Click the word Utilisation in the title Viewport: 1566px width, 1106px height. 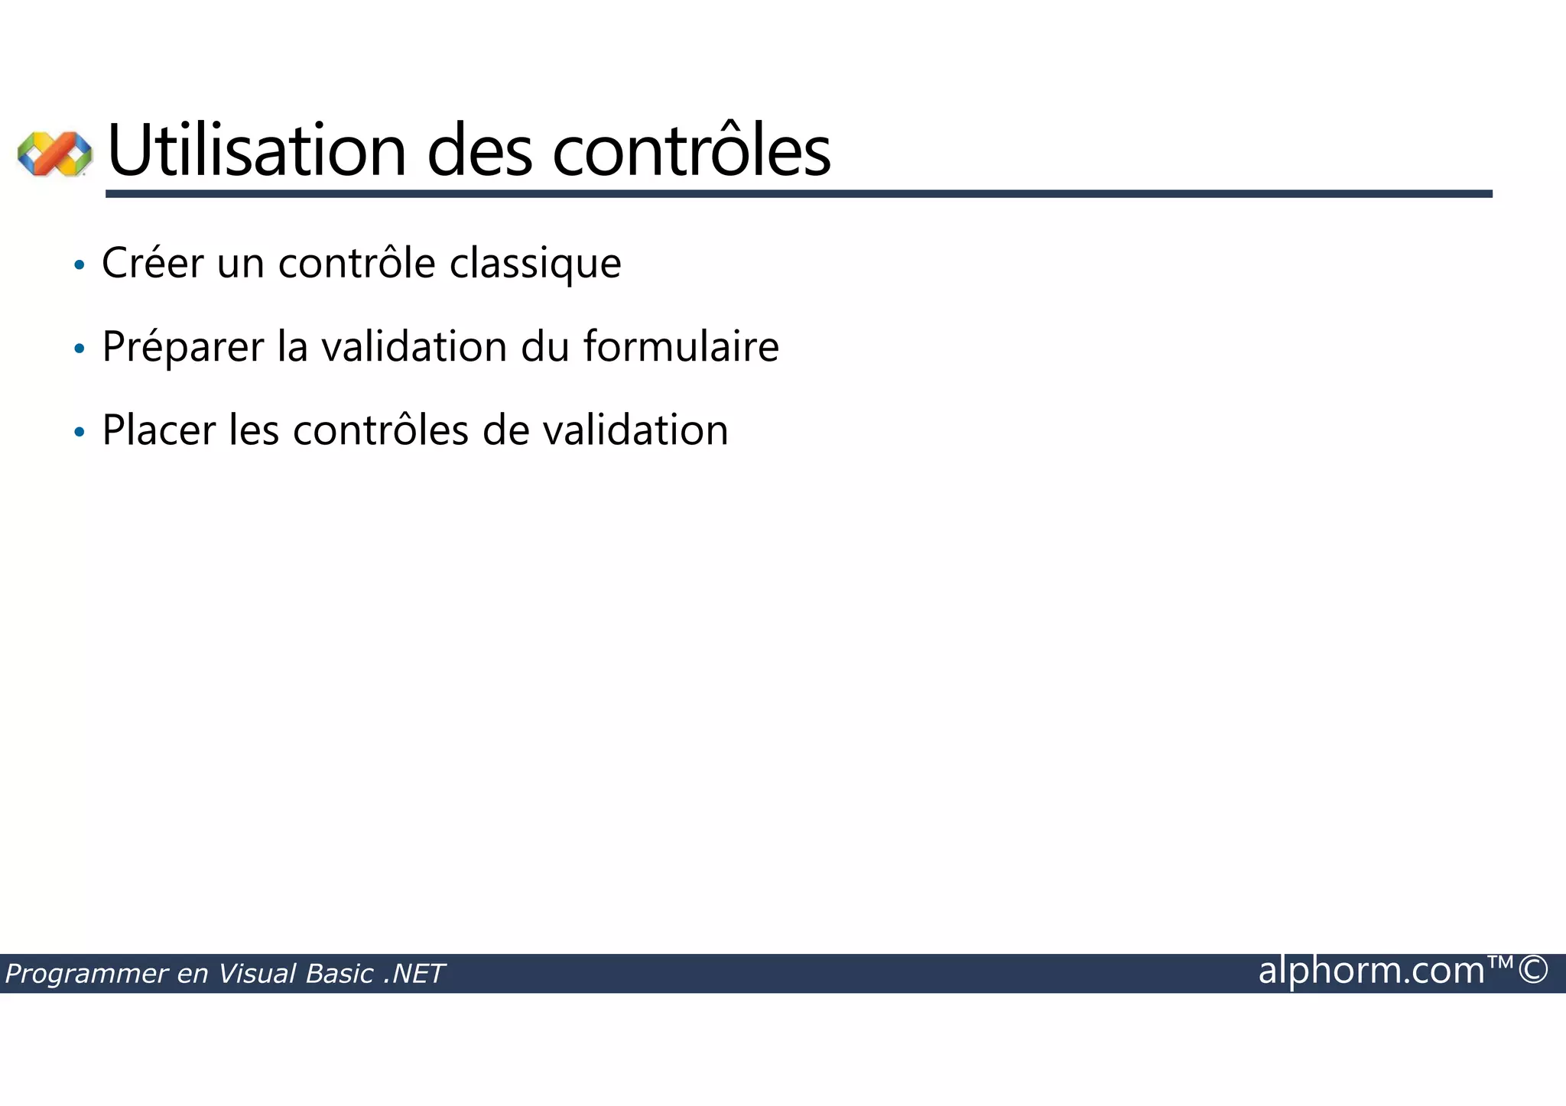pyautogui.click(x=256, y=151)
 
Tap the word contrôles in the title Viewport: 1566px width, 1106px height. pyautogui.click(x=690, y=151)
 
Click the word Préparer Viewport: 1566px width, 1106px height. pyautogui.click(x=183, y=347)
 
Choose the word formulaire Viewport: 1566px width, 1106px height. pyautogui.click(x=681, y=346)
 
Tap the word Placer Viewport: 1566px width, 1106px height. pyautogui.click(x=159, y=430)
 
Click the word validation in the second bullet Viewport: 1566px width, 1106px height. pyautogui.click(x=414, y=346)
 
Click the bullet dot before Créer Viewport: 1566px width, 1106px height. pyautogui.click(x=79, y=266)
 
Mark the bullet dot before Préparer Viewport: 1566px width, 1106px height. pyautogui.click(x=79, y=349)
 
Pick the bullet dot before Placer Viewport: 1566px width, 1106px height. pyautogui.click(x=79, y=433)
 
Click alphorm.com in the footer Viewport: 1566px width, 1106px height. pyautogui.click(x=1371, y=971)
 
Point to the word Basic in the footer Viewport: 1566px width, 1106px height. pyautogui.click(x=339, y=974)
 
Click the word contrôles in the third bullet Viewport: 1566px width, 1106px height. pyautogui.click(x=381, y=430)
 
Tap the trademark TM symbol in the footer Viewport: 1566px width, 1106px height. pyautogui.click(x=1500, y=962)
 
